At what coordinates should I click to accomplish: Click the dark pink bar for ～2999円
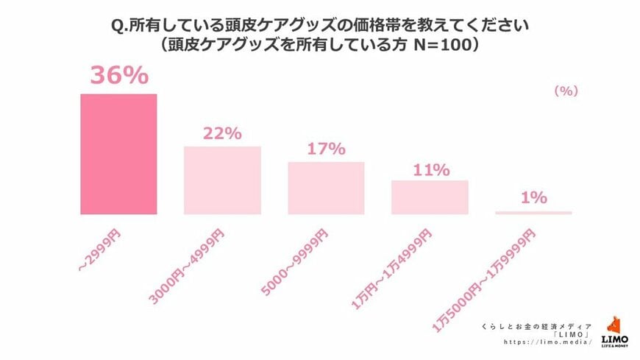coord(118,154)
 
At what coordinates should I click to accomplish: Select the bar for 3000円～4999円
coord(222,180)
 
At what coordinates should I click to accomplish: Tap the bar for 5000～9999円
coord(326,188)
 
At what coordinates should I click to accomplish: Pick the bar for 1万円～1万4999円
coord(430,197)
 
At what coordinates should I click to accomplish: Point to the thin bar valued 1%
coord(533,213)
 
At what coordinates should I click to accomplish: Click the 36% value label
coord(118,77)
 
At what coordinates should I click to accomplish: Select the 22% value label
coord(222,133)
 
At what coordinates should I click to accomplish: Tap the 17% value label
coord(326,149)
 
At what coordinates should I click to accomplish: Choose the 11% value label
coord(430,170)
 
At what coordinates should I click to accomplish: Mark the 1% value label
coord(533,197)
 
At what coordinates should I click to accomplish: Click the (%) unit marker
coord(566,91)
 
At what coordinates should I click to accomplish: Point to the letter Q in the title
coord(116,26)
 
